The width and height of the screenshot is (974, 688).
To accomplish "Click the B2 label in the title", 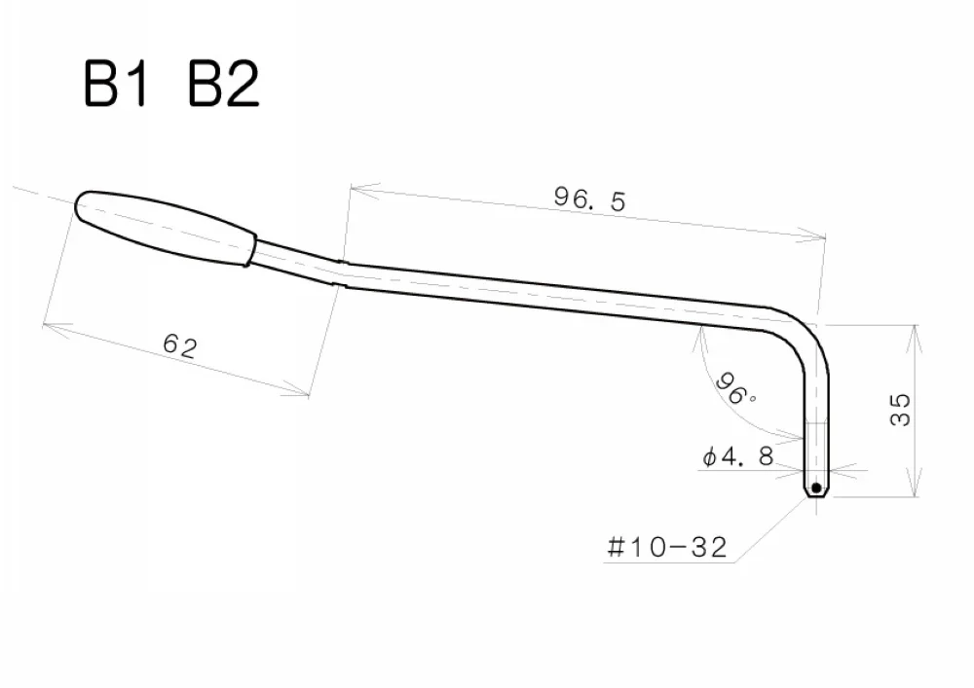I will pyautogui.click(x=222, y=87).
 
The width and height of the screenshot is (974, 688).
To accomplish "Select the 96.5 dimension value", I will pyautogui.click(x=590, y=199).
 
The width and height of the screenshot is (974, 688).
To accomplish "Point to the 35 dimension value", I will pyautogui.click(x=900, y=409).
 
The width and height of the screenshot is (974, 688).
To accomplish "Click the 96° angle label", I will pyautogui.click(x=736, y=389).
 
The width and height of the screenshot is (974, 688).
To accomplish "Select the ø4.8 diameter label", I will pyautogui.click(x=737, y=455).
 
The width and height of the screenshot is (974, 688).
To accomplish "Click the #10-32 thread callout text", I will pyautogui.click(x=666, y=548).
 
